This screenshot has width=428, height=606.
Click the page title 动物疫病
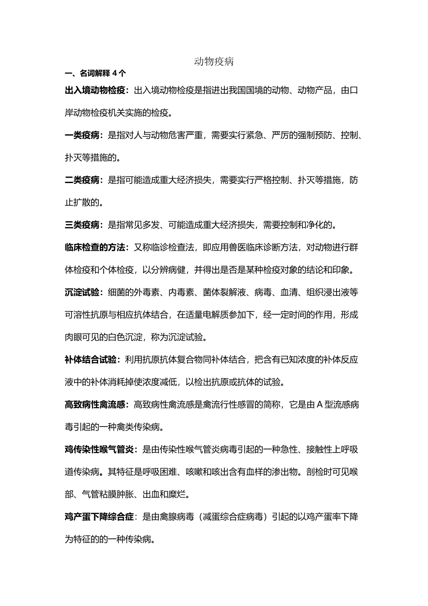point(214,61)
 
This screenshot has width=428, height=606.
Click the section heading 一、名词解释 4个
point(95,73)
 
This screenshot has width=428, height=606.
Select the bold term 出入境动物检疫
point(95,90)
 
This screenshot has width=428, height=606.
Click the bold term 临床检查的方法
point(95,248)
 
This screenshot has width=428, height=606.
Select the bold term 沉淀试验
point(82,293)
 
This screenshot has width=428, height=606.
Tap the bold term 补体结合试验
point(91,360)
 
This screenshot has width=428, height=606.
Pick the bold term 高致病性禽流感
point(95,405)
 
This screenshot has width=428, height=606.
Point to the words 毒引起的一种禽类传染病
point(112,427)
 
